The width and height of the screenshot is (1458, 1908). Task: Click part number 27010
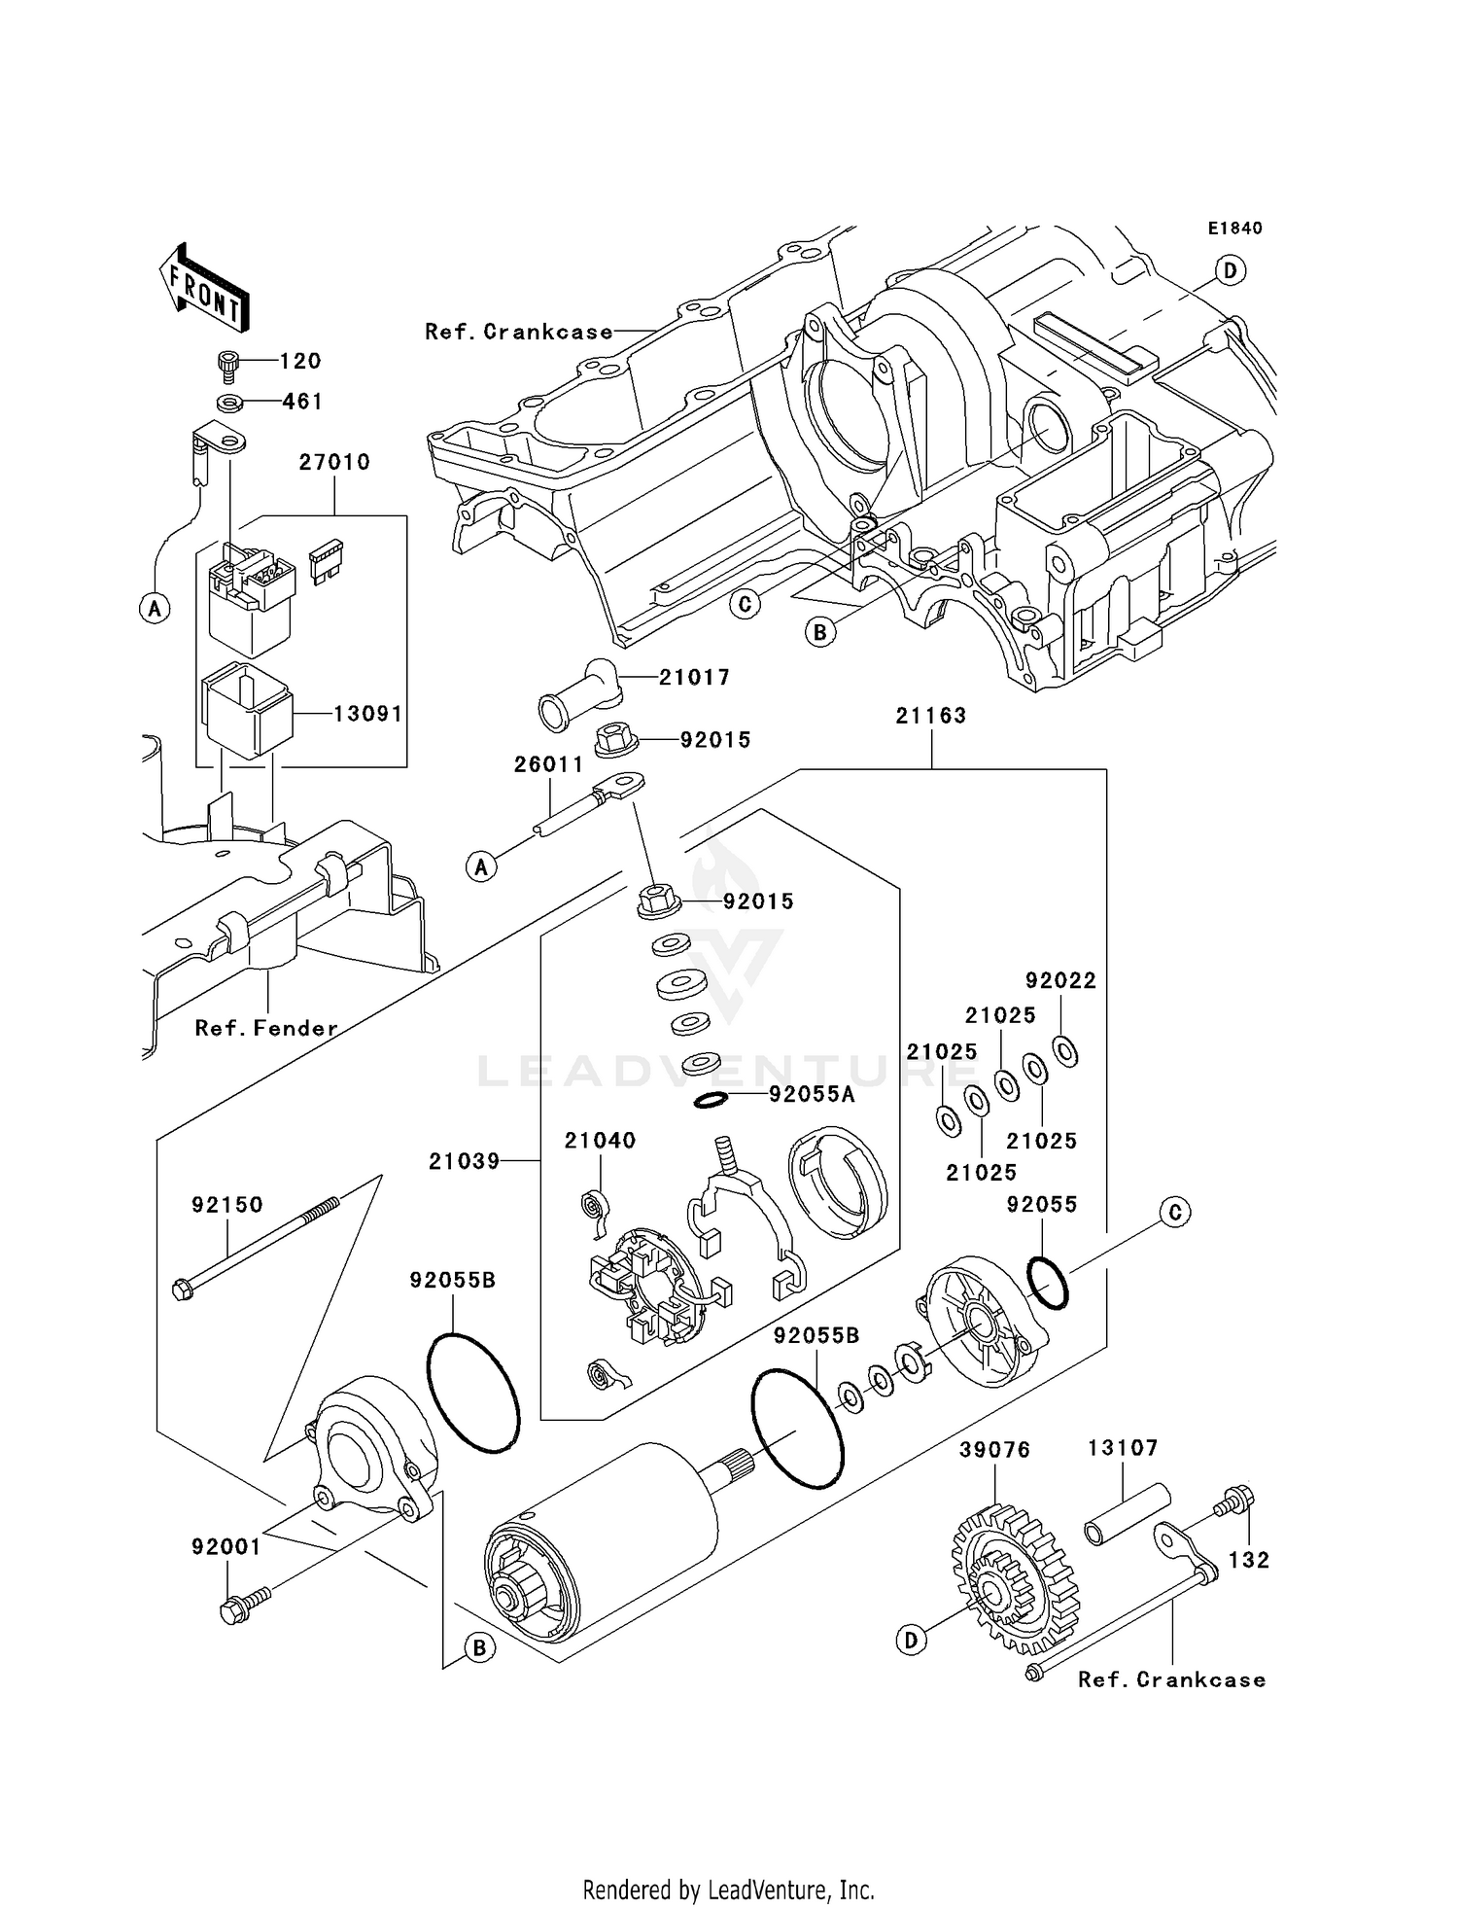(x=334, y=462)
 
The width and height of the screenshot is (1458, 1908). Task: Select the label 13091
(x=367, y=714)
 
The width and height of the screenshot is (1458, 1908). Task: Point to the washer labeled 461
(x=229, y=402)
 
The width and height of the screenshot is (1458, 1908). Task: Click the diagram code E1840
(x=1234, y=229)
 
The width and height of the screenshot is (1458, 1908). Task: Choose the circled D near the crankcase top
(x=1231, y=270)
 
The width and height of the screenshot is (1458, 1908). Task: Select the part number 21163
(x=931, y=716)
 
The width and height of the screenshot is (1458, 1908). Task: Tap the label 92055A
(x=812, y=1095)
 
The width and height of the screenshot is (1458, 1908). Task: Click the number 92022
(x=1060, y=981)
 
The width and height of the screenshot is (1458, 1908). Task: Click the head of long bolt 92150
(x=183, y=1290)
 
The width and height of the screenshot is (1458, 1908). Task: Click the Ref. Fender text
(x=266, y=1028)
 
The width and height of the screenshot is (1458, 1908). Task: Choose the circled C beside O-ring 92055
(x=1175, y=1213)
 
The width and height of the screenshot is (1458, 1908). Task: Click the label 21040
(x=600, y=1141)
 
